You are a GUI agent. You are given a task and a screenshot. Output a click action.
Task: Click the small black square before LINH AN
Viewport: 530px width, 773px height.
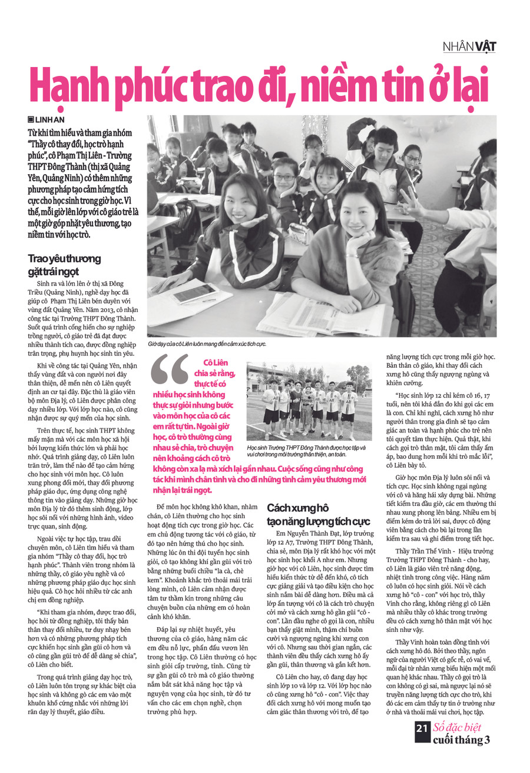point(31,119)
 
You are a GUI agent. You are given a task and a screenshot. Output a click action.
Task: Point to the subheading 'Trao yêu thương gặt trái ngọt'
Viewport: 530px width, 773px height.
point(64,265)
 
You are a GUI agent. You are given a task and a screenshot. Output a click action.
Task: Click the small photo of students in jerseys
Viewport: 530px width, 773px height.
point(309,401)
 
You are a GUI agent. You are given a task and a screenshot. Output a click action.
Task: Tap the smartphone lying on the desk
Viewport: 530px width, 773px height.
point(194,292)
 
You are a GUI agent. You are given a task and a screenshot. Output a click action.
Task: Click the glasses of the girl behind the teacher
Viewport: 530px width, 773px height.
point(284,177)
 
